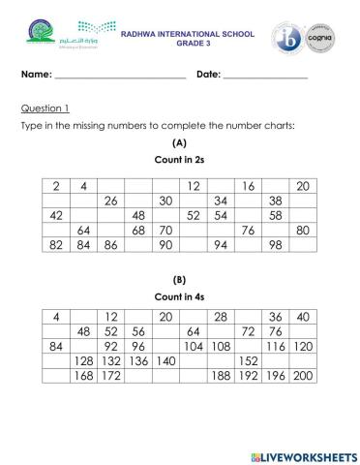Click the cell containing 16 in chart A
pyautogui.click(x=248, y=186)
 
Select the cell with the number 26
pyautogui.click(x=110, y=201)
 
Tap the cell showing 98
pyautogui.click(x=275, y=246)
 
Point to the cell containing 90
pyautogui.click(x=165, y=246)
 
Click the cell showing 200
pyautogui.click(x=302, y=376)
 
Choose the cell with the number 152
pyautogui.click(x=248, y=360)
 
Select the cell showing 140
pyautogui.click(x=165, y=360)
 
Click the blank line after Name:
pyautogui.click(x=120, y=75)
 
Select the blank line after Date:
pyautogui.click(x=265, y=75)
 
